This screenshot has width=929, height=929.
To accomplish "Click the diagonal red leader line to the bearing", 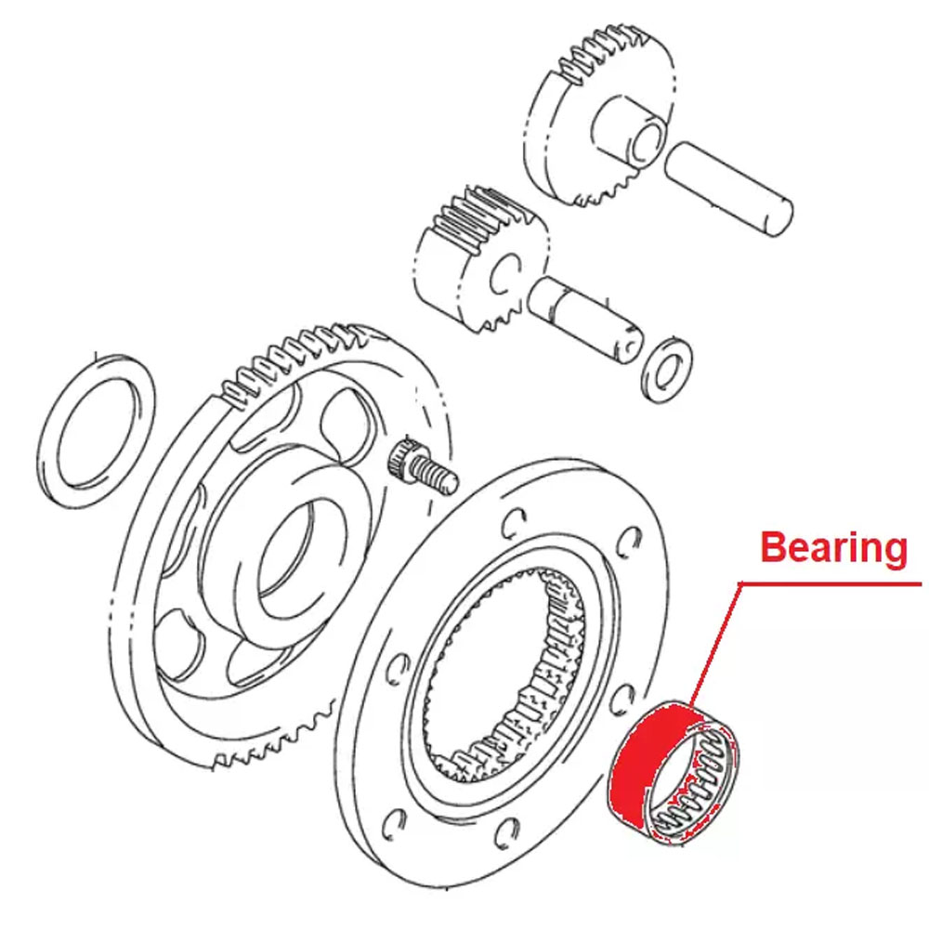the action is click(x=715, y=644).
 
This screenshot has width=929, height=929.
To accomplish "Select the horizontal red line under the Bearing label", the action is click(x=830, y=584).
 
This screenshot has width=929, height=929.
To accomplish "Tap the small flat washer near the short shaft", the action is click(x=668, y=370).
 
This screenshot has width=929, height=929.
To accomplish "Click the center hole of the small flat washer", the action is click(x=666, y=371).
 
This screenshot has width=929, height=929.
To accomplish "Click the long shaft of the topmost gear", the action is click(x=728, y=189).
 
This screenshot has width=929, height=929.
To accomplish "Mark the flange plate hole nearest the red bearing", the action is click(x=622, y=702).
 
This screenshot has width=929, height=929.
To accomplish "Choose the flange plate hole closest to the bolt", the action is click(x=513, y=524).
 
